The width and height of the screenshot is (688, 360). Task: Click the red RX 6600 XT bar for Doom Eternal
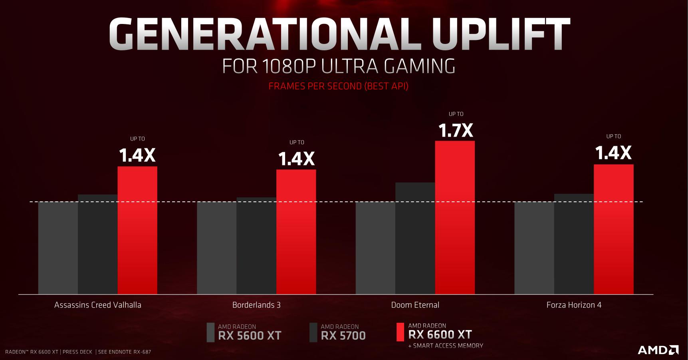coord(455,218)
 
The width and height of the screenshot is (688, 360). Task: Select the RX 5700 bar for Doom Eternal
coord(415,239)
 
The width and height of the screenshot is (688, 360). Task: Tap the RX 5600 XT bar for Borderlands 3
coord(216,248)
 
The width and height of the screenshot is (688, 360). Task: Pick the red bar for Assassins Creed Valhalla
coord(137,230)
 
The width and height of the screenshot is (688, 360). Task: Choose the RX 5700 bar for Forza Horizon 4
coord(574,244)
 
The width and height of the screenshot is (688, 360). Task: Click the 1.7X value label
coord(456,131)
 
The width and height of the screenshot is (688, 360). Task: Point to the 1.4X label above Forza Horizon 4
coord(613,153)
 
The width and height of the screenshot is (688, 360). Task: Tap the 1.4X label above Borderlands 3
coord(296,159)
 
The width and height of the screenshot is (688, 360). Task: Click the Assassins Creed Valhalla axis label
coord(98,305)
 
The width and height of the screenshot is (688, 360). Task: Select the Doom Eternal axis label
coord(415,305)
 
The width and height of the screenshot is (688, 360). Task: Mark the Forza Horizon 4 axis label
coord(574,305)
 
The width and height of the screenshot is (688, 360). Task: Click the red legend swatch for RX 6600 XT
coord(400,332)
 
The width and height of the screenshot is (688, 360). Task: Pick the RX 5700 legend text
coord(343,332)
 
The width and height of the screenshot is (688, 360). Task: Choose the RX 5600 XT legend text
coord(250,332)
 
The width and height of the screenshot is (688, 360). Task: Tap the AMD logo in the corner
coord(658,350)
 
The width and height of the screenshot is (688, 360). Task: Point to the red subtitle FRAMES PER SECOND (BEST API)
coord(338,86)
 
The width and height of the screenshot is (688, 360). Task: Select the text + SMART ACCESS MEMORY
coord(446,346)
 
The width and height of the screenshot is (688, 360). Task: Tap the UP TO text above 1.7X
coord(456,114)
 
